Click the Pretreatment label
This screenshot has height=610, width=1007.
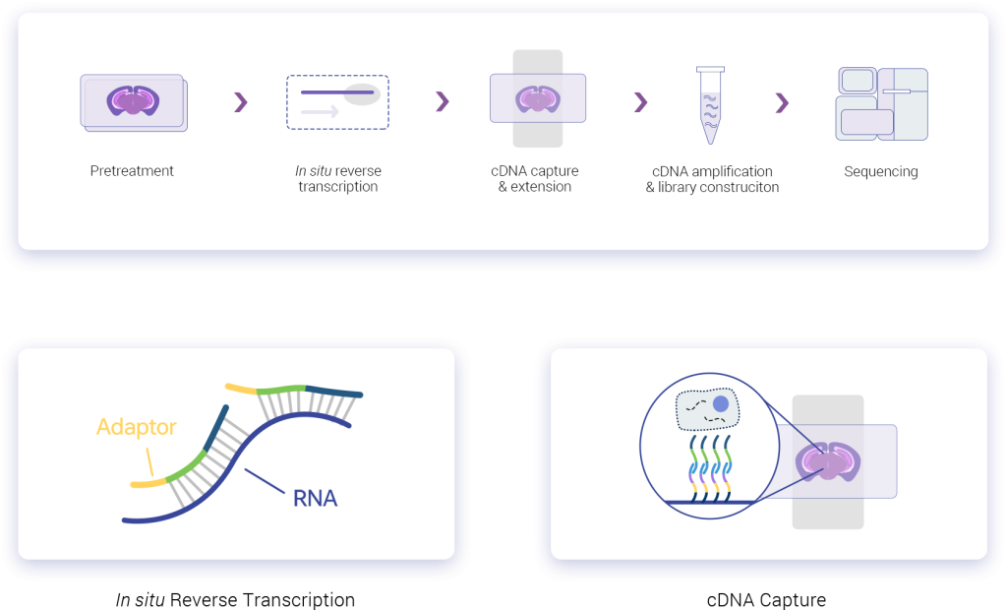[132, 171]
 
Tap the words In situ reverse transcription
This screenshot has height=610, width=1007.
[338, 179]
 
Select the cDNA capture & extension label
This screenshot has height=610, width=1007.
[535, 179]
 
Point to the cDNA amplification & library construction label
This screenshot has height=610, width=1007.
[712, 179]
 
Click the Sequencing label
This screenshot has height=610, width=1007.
[881, 172]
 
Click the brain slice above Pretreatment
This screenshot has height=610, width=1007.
[132, 100]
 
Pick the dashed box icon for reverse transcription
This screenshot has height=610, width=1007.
[337, 102]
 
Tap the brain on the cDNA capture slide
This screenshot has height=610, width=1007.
[538, 99]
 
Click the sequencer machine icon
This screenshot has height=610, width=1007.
[881, 102]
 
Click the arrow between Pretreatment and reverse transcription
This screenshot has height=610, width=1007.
[240, 102]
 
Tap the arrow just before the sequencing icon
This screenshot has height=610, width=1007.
[782, 102]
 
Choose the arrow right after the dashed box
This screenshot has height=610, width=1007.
[442, 102]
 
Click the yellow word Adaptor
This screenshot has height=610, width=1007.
[136, 428]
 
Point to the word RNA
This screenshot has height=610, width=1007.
[315, 499]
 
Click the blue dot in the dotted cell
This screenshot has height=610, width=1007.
[721, 404]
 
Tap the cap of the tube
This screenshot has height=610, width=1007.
[710, 69]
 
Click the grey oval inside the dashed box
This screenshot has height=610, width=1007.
[361, 94]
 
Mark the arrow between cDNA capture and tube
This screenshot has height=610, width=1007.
[640, 102]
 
